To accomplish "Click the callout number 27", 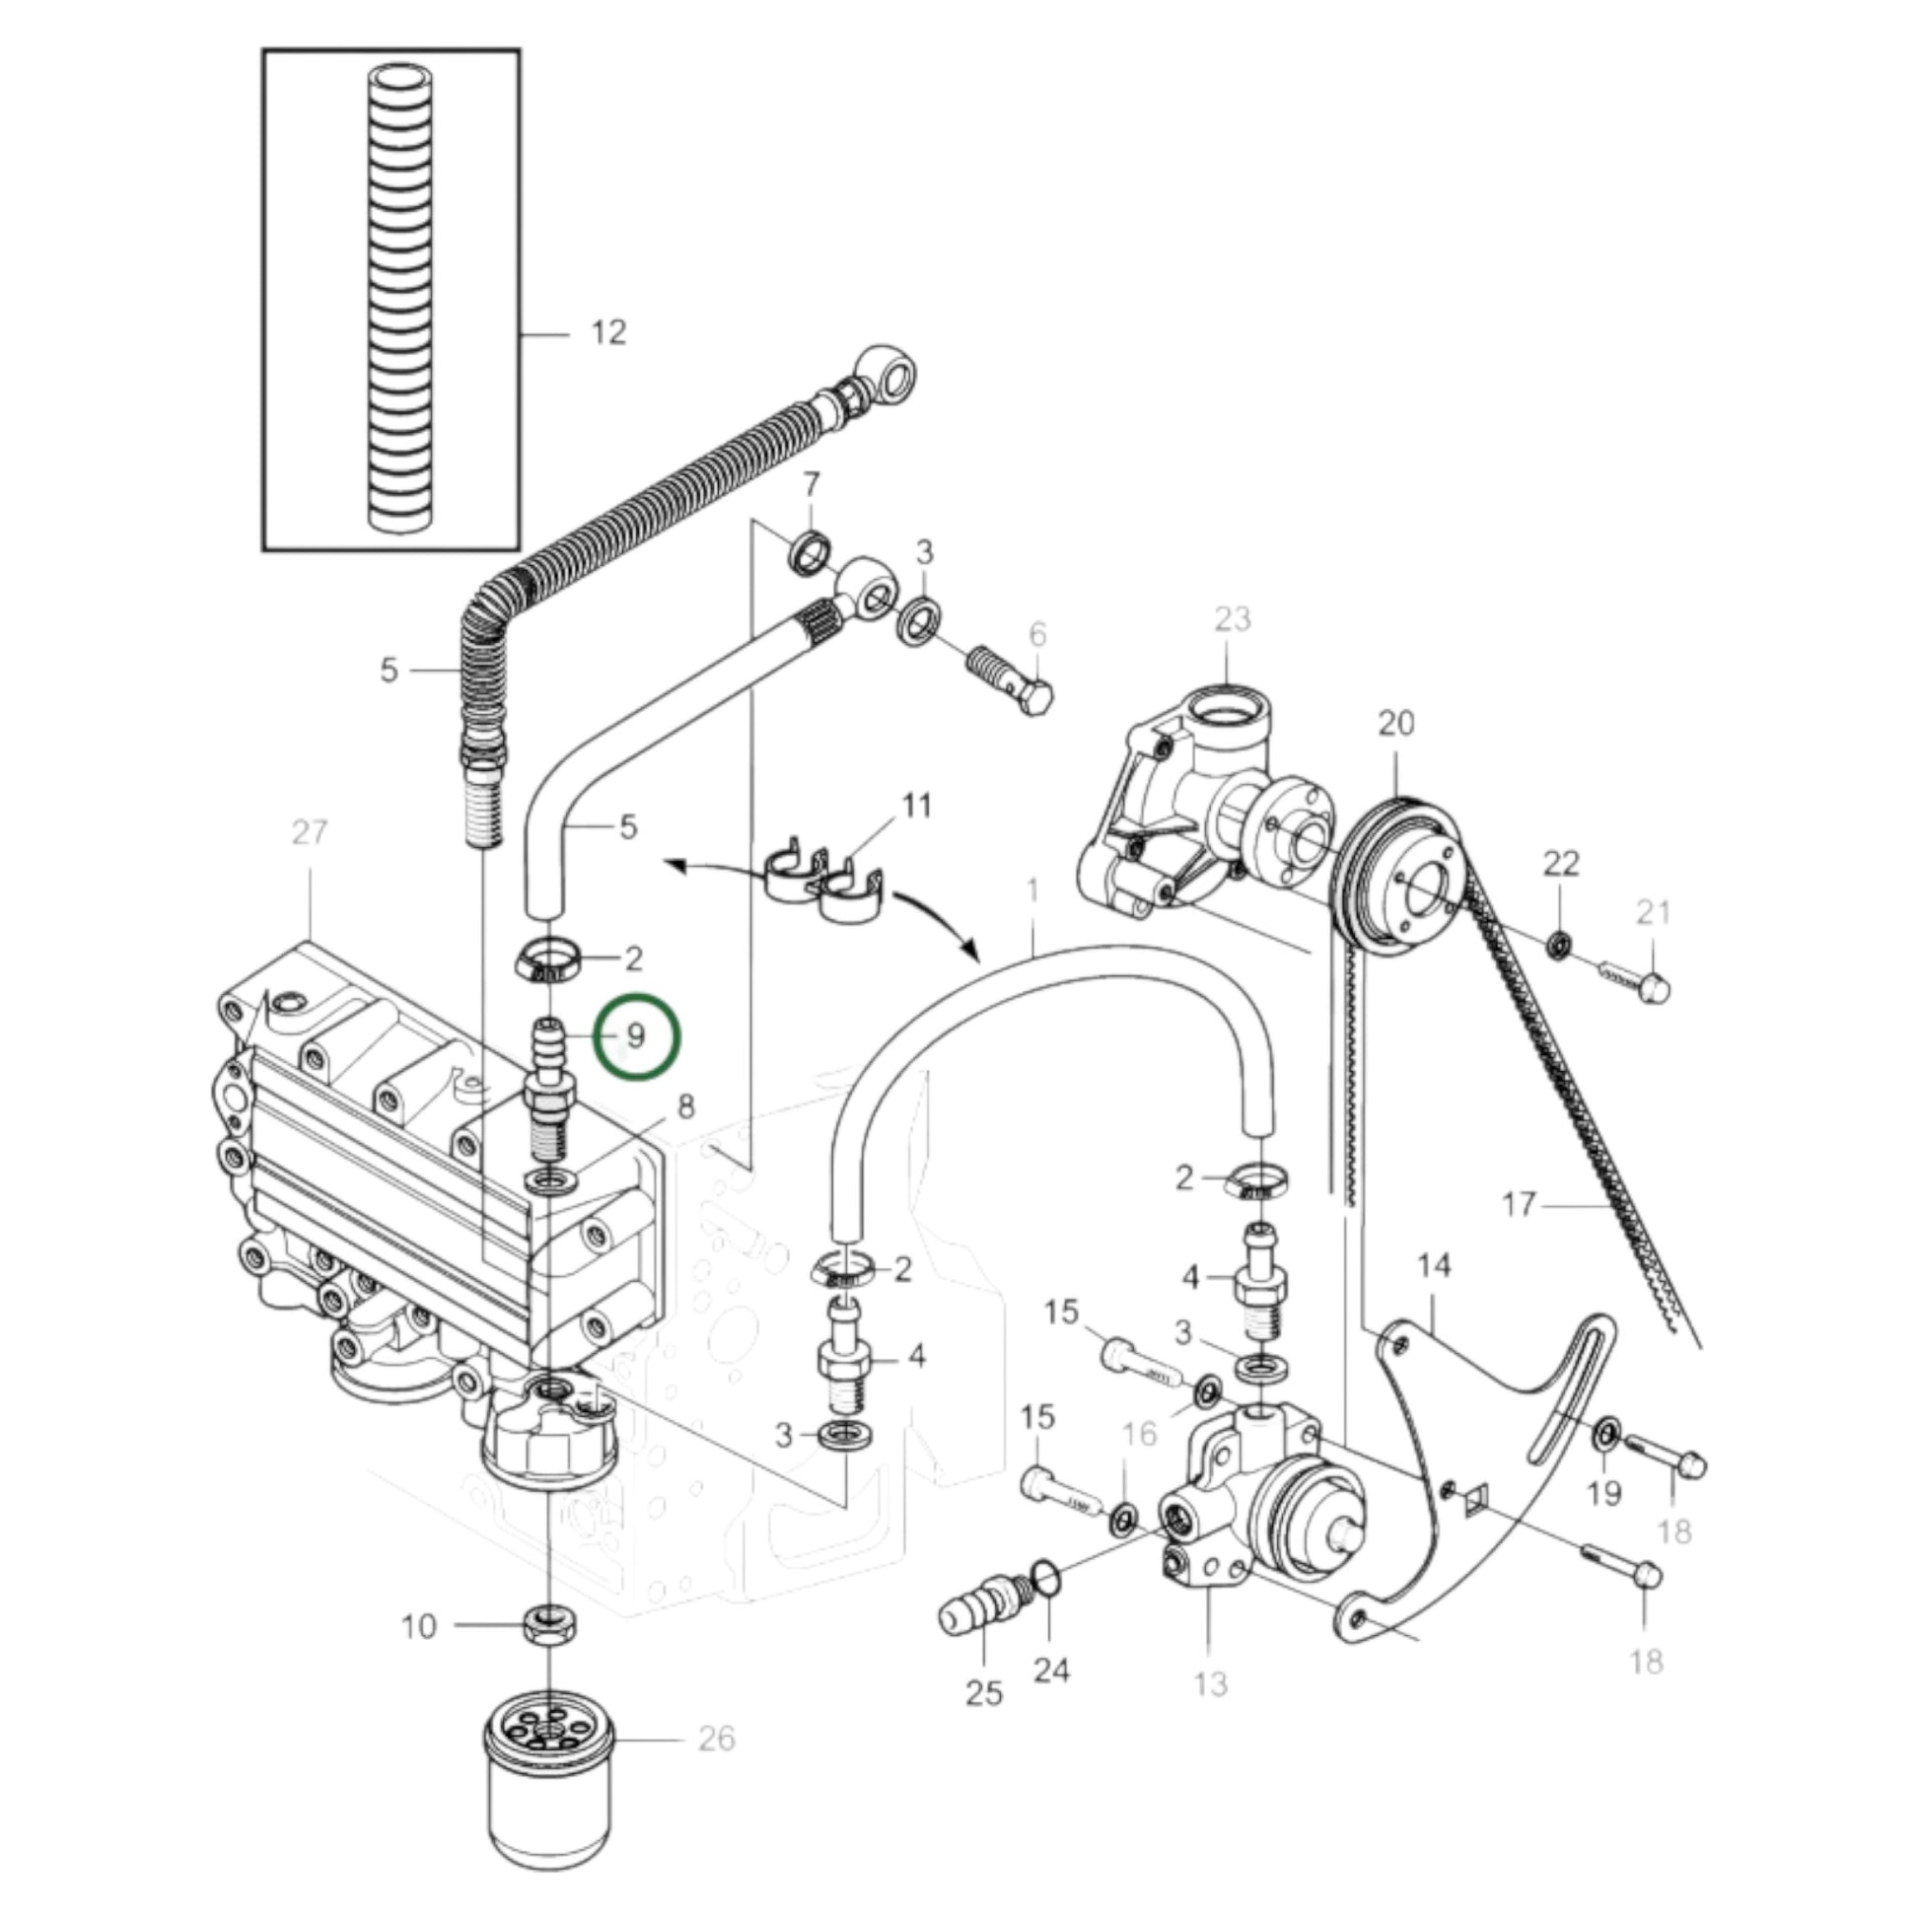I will click(x=309, y=831).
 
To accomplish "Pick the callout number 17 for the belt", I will click(x=1519, y=1204).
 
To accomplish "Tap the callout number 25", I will click(x=983, y=1692).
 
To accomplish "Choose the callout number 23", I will click(x=1232, y=618).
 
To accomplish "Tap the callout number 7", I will click(x=812, y=485).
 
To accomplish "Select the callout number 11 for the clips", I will click(x=916, y=805).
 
